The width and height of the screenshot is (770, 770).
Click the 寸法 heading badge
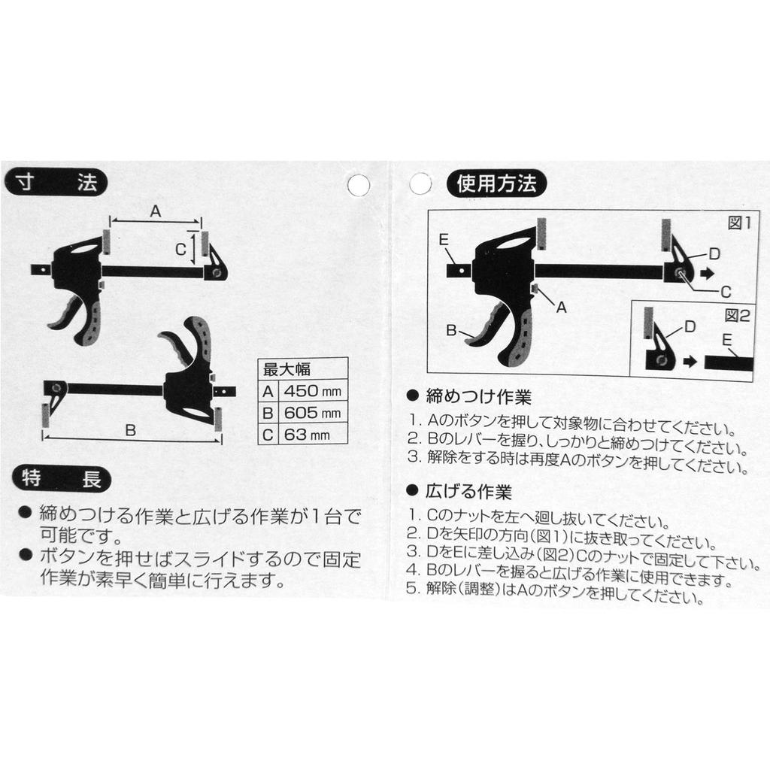click(x=56, y=183)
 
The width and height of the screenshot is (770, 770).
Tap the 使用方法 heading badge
click(x=496, y=183)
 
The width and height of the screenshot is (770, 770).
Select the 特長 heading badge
click(x=62, y=479)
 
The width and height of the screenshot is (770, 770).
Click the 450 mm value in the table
click(x=312, y=391)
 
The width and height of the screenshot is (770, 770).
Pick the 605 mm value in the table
click(x=312, y=413)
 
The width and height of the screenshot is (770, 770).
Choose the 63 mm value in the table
click(x=307, y=435)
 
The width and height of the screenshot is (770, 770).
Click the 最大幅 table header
click(x=286, y=369)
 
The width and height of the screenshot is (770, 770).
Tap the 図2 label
click(x=738, y=316)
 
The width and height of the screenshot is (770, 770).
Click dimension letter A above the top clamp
click(x=155, y=211)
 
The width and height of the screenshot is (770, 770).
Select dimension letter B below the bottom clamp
click(x=130, y=430)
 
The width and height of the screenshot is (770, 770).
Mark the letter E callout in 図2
click(x=727, y=340)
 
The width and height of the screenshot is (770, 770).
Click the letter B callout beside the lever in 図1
click(x=451, y=330)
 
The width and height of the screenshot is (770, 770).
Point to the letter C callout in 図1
click(x=726, y=293)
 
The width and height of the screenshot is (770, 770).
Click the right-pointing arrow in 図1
click(x=707, y=273)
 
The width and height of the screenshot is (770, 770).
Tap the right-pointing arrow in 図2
click(x=690, y=362)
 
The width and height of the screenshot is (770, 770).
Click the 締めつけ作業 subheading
click(x=479, y=396)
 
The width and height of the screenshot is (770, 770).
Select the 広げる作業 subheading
click(x=469, y=491)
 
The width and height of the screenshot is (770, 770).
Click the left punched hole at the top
click(x=359, y=185)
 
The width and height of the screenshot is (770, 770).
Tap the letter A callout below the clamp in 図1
click(x=561, y=308)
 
